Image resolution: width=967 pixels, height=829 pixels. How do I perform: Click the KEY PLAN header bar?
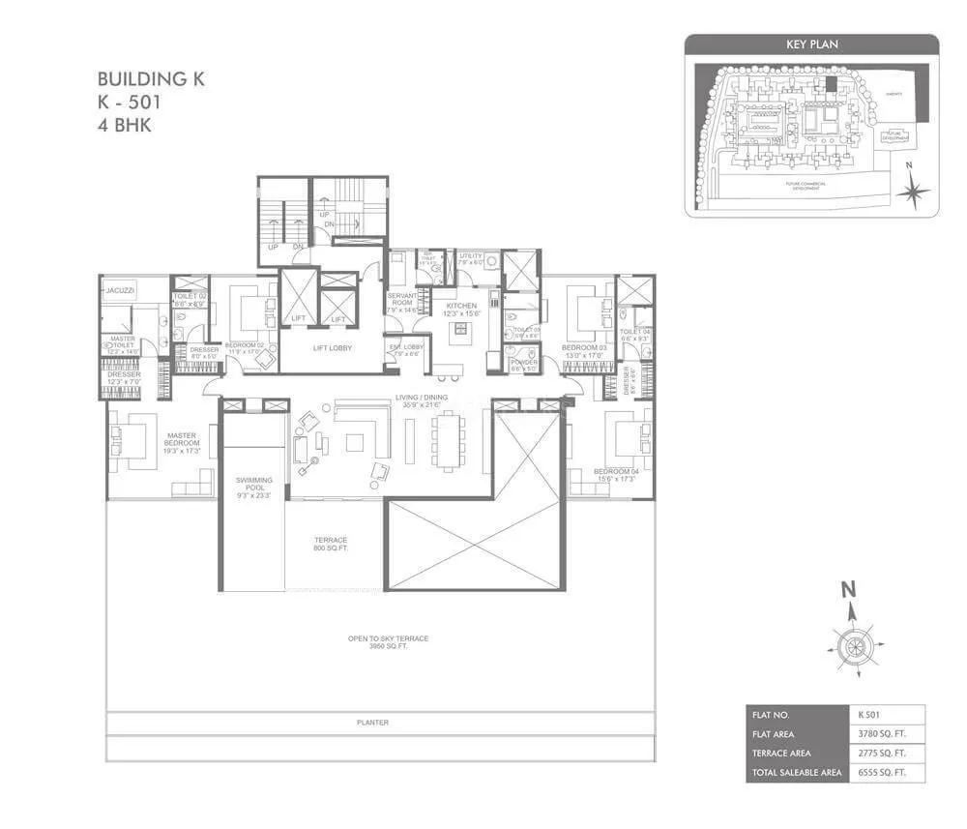click(x=811, y=44)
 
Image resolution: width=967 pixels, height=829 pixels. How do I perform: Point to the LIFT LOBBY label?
click(x=332, y=347)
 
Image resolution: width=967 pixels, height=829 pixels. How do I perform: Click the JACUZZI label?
click(x=122, y=289)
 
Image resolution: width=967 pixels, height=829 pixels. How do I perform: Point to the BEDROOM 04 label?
click(x=616, y=471)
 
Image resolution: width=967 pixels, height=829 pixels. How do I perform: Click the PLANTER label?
click(x=372, y=722)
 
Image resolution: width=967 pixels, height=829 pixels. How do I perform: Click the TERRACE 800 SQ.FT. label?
click(x=331, y=544)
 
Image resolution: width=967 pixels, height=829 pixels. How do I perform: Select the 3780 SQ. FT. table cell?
click(x=884, y=734)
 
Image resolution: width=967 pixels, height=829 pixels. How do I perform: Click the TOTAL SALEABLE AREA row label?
click(x=791, y=773)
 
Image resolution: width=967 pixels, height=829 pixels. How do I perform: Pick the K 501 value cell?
click(x=884, y=715)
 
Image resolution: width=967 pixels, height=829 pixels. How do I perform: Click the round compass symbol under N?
click(x=852, y=645)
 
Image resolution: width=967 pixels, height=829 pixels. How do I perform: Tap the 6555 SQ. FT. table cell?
click(x=884, y=773)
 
